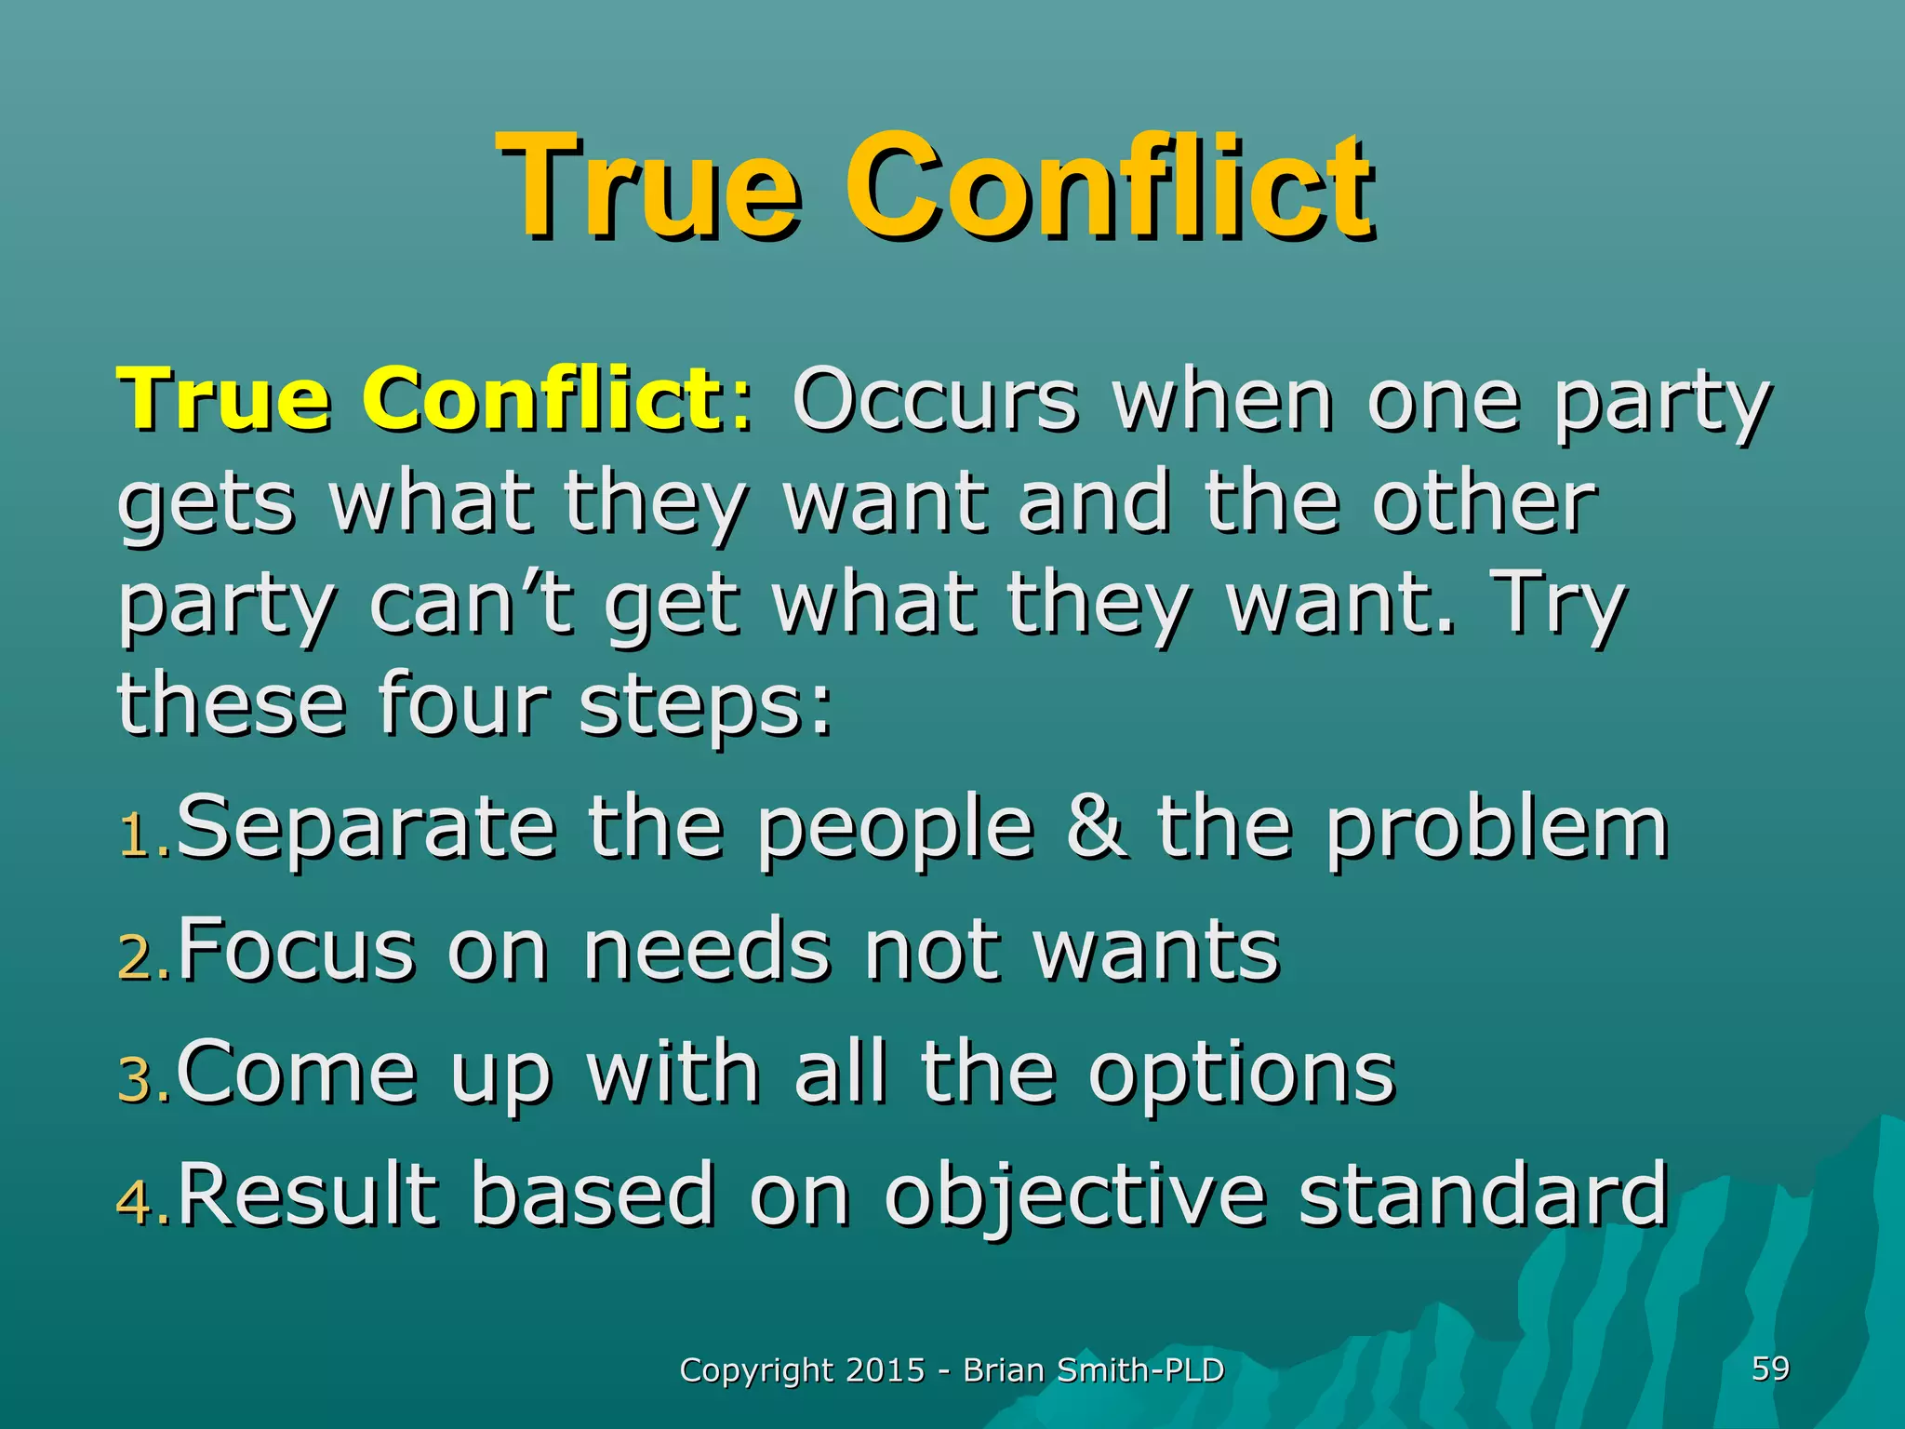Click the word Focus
[x=296, y=950]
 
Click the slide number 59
[x=1770, y=1369]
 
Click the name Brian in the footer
[x=1003, y=1370]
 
